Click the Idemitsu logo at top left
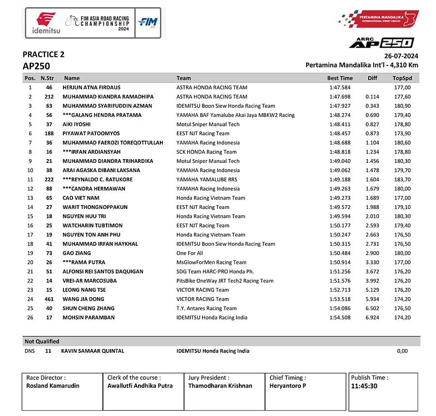point(43,23)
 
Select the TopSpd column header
point(402,78)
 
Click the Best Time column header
point(340,78)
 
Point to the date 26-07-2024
point(401,56)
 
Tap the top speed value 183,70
point(402,179)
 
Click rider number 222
point(49,179)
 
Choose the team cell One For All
point(189,253)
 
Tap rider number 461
point(49,299)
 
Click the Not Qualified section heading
point(42,341)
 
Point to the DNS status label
point(30,351)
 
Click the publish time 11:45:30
point(365,386)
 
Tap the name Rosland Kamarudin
point(53,386)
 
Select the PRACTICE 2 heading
point(43,55)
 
